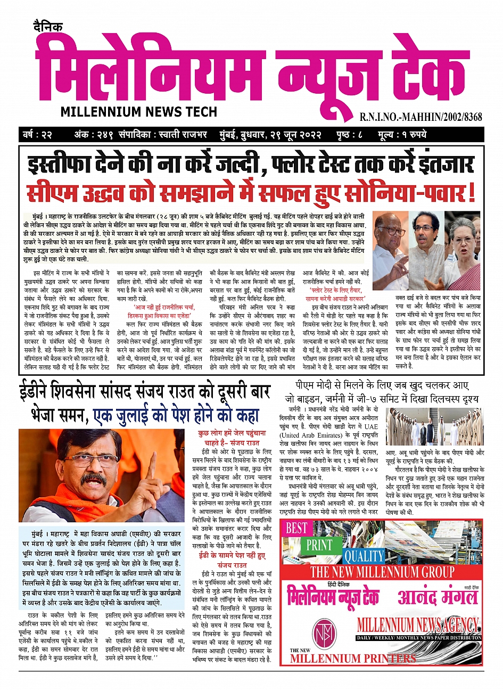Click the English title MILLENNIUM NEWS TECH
pyautogui.click(x=139, y=112)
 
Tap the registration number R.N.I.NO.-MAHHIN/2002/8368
pyautogui.click(x=420, y=117)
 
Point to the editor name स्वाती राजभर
pyautogui.click(x=184, y=134)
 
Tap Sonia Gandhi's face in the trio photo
pyautogui.click(x=462, y=234)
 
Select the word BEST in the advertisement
pyautogui.click(x=296, y=529)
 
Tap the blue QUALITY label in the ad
pyautogui.click(x=364, y=556)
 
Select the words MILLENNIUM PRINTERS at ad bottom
pyautogui.click(x=353, y=658)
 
